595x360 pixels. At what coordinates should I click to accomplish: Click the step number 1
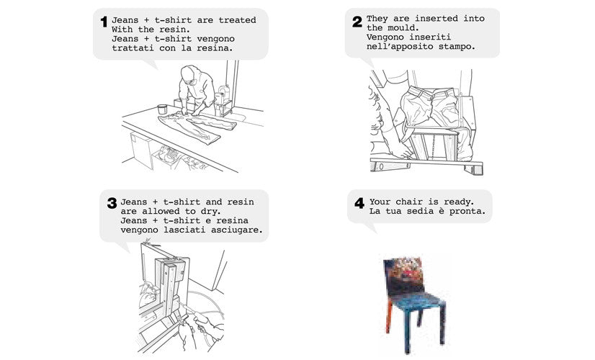point(104,22)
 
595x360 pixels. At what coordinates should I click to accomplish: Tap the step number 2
point(357,22)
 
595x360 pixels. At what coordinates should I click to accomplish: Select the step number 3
point(112,203)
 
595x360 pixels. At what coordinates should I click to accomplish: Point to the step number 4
point(359,203)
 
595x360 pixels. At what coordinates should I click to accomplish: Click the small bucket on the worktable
point(162,109)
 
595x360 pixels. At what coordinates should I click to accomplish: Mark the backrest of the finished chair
point(403,274)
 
